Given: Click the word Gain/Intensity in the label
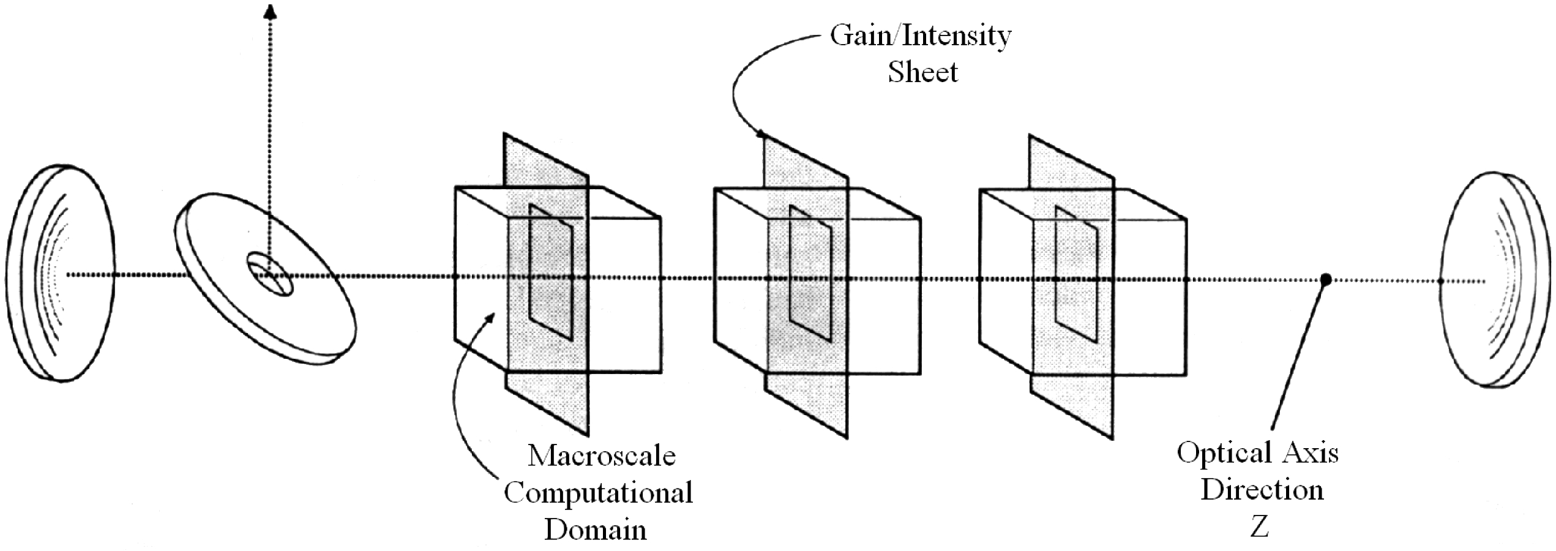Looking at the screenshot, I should [920, 37].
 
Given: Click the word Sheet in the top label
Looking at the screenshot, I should [922, 73].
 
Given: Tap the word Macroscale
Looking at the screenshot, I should [601, 456].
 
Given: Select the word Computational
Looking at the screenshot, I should [598, 493].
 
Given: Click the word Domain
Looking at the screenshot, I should [596, 530].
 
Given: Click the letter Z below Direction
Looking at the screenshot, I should [1259, 527].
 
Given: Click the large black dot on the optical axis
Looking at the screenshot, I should [1326, 280].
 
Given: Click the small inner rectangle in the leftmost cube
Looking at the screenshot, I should [551, 272].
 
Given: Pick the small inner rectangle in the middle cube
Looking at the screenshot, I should [810, 274].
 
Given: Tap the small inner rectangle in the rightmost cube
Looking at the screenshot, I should [1075, 274].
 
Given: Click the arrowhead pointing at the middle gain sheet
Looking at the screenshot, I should [761, 133].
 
